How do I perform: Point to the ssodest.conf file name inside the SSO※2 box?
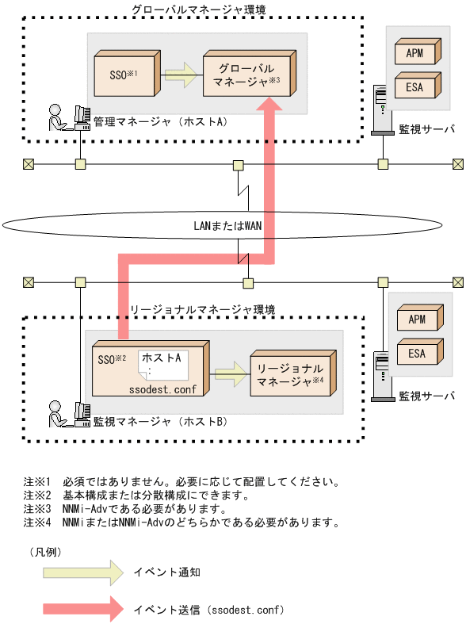[x=162, y=389]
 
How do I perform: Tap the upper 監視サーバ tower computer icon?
[x=381, y=112]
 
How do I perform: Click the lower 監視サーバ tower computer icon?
[x=381, y=373]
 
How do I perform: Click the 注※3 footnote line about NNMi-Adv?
[x=127, y=508]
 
